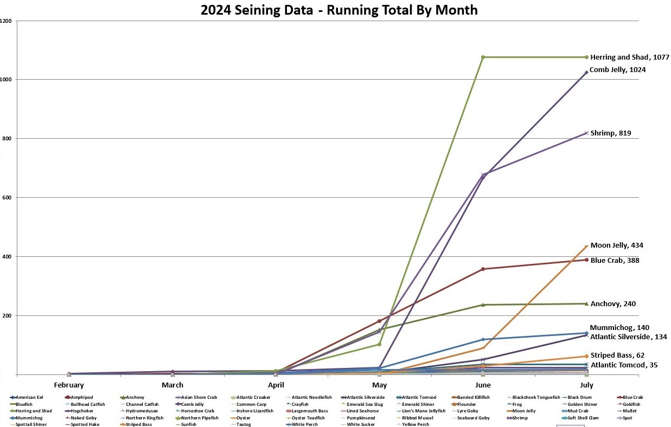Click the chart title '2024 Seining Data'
point(339,10)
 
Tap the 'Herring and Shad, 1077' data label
point(630,57)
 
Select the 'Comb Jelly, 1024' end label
point(617,70)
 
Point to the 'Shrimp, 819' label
point(611,133)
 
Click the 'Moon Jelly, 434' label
point(616,245)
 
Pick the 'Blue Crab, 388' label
point(615,261)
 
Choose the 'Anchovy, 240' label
point(613,304)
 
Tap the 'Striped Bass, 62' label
point(617,355)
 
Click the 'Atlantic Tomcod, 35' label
point(624,365)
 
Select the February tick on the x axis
point(69,385)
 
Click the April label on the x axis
point(276,385)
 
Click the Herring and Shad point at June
point(483,57)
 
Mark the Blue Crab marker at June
point(483,269)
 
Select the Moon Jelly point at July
point(586,246)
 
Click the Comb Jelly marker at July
point(586,72)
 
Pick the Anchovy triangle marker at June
point(483,305)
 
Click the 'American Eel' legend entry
point(30,397)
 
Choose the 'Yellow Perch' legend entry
point(415,424)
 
